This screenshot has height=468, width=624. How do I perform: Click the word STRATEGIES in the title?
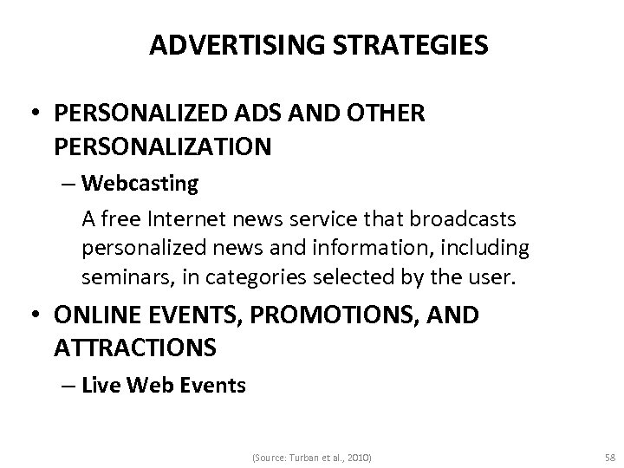click(x=416, y=45)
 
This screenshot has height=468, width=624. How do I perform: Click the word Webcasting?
click(x=140, y=184)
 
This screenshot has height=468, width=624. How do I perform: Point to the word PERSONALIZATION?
click(x=162, y=146)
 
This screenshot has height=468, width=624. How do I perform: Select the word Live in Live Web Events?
click(x=100, y=385)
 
